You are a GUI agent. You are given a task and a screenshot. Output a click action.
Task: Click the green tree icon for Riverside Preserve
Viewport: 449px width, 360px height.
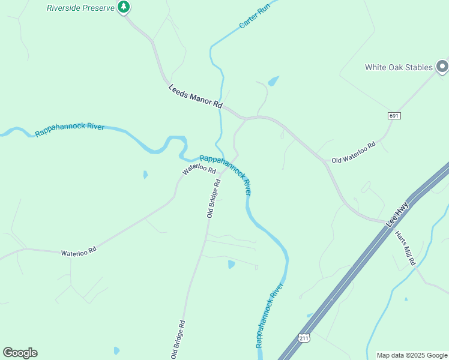click(x=124, y=7)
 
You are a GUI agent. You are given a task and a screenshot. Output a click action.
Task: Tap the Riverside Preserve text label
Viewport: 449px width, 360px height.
click(x=80, y=8)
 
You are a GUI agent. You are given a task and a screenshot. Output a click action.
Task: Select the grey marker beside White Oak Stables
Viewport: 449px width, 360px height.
click(x=442, y=66)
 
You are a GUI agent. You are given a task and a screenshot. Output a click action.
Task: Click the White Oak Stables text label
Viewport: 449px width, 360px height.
click(x=399, y=67)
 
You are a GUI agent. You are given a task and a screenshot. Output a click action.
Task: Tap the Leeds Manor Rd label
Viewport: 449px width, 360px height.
click(x=196, y=96)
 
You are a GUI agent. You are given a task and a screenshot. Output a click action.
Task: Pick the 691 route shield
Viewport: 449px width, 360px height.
click(x=394, y=115)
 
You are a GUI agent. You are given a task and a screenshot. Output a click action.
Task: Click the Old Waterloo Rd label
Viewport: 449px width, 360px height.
click(x=353, y=152)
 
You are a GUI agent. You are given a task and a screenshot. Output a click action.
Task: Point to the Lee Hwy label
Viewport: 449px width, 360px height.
click(x=397, y=214)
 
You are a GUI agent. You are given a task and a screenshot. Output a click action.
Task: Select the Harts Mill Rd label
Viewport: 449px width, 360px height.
click(x=405, y=248)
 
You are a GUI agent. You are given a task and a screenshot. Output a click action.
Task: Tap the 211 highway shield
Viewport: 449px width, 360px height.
click(x=305, y=338)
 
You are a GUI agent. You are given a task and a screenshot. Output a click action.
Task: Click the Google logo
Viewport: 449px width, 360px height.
click(x=20, y=353)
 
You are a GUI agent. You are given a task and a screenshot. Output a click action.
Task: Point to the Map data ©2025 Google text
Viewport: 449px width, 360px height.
click(x=412, y=355)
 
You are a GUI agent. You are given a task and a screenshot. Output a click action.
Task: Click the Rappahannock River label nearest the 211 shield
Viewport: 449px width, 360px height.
click(x=269, y=316)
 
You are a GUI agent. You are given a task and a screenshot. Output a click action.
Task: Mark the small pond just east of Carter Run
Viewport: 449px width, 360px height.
click(x=273, y=80)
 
